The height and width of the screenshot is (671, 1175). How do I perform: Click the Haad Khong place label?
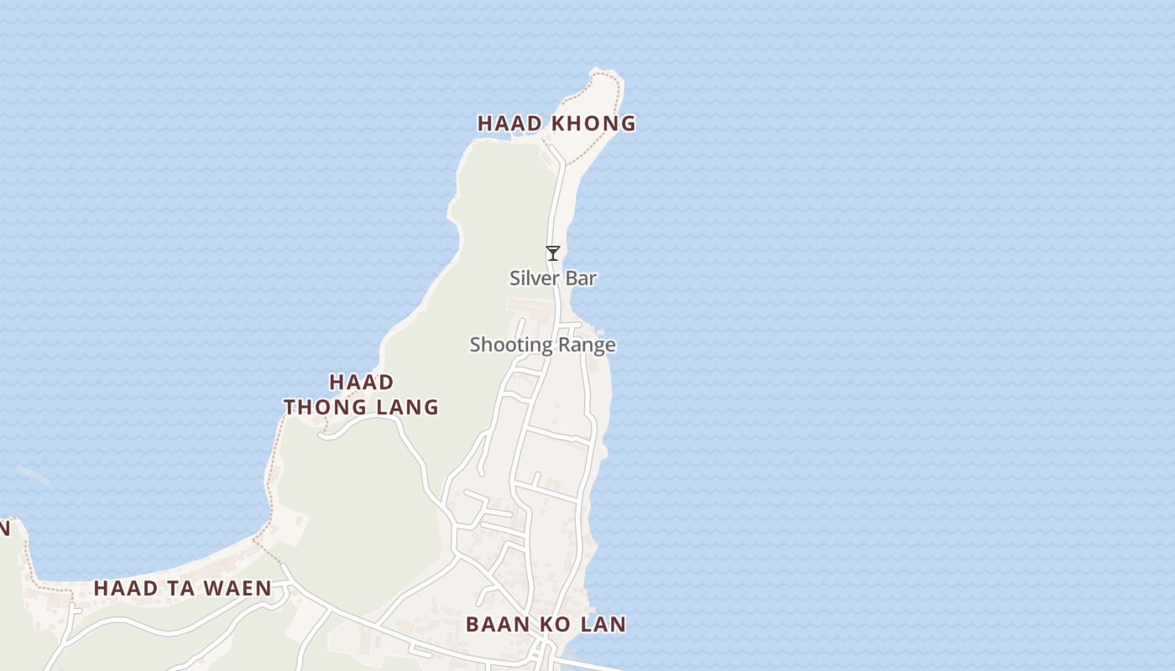[x=556, y=123]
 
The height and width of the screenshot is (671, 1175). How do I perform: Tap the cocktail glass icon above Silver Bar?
[x=552, y=252]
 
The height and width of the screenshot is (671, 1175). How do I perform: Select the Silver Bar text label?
[x=552, y=278]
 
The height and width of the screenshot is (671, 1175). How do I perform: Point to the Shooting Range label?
[x=542, y=345]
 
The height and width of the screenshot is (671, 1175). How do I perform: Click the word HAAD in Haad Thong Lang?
[x=361, y=382]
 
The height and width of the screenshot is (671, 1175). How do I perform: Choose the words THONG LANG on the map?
[x=361, y=408]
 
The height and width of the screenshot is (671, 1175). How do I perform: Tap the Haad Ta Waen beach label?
[x=182, y=589]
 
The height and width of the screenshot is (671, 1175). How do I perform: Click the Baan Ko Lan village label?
[x=546, y=624]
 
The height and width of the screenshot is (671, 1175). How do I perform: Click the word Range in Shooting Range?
[x=587, y=345]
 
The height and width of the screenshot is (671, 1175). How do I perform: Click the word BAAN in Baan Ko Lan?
[x=496, y=624]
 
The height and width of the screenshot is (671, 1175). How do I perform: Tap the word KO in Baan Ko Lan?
[x=557, y=624]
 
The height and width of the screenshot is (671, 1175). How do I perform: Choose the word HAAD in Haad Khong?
[x=510, y=123]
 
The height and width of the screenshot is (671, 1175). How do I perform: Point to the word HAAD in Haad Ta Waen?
[x=125, y=589]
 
